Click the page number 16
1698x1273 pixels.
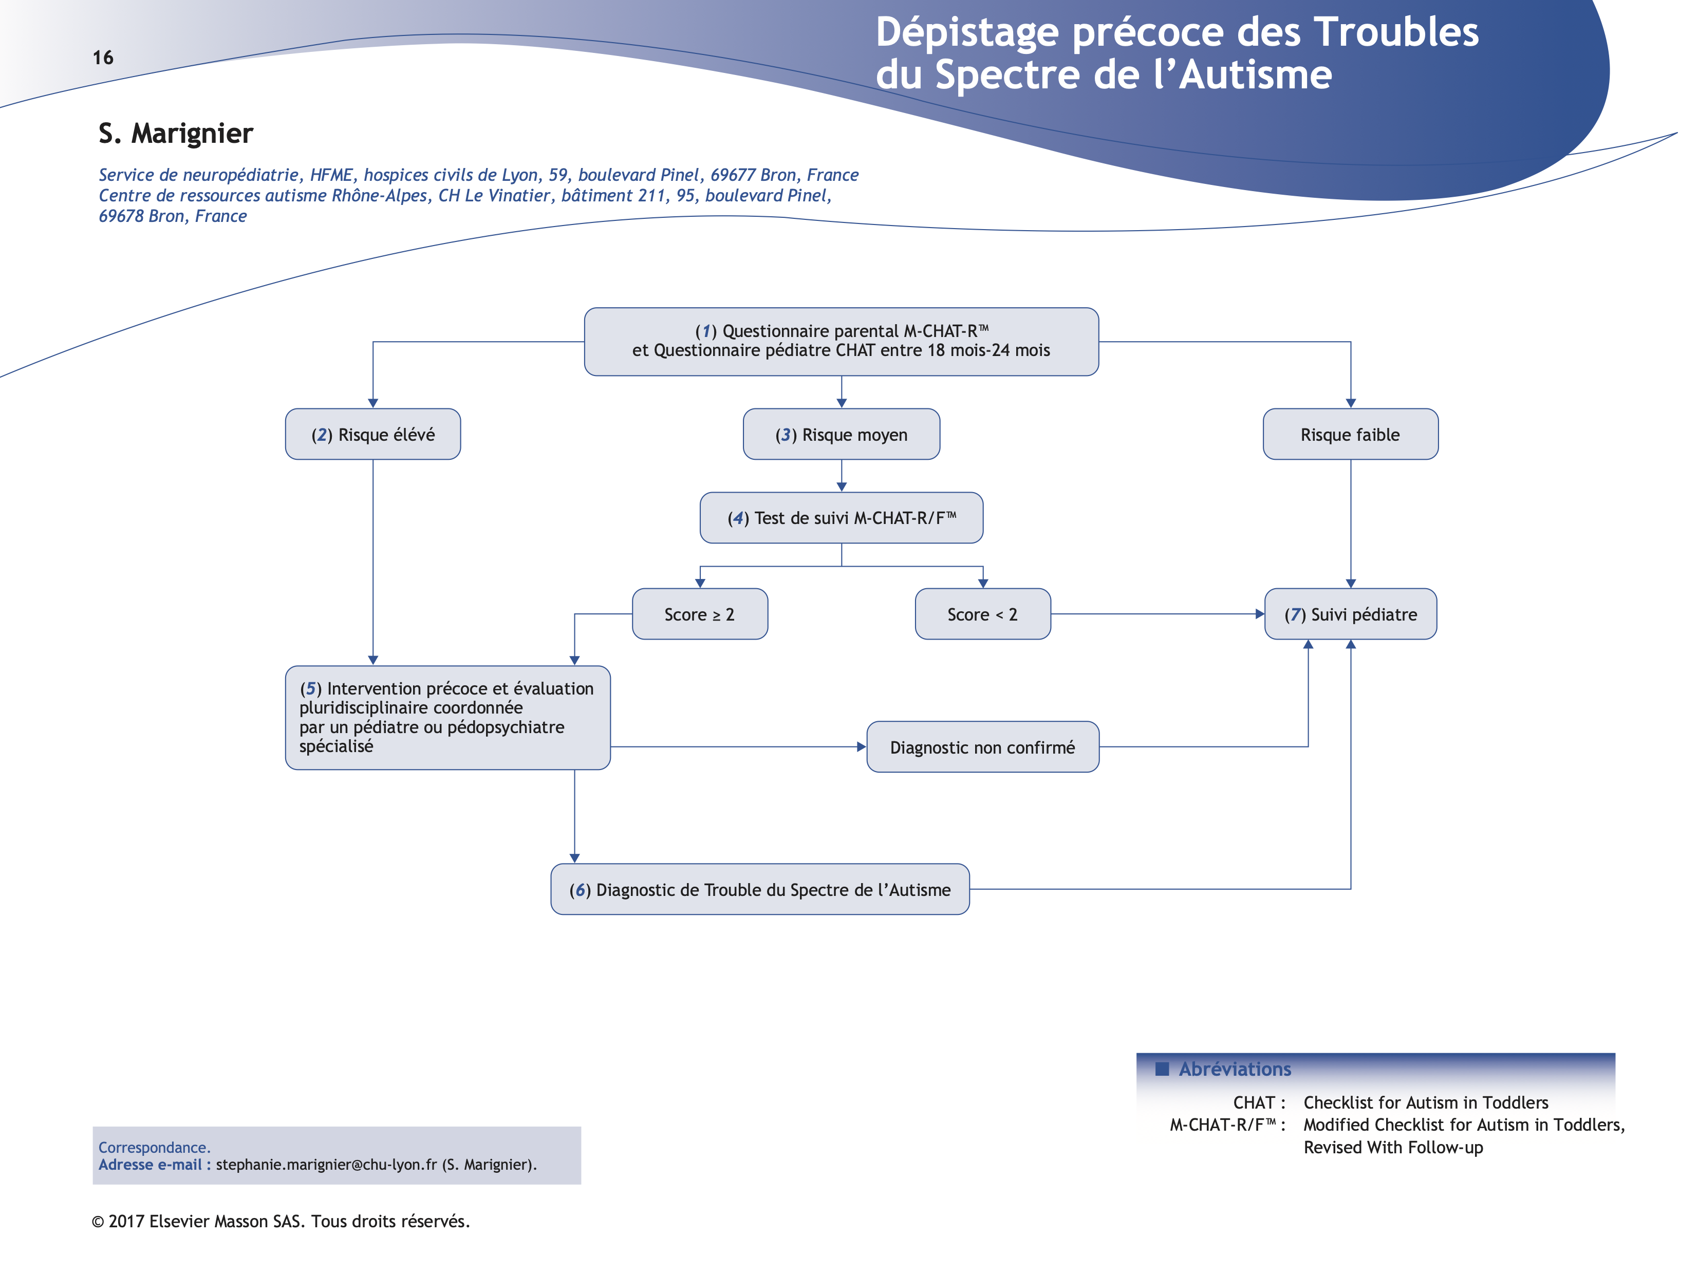pos(103,58)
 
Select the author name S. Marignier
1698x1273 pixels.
pos(176,134)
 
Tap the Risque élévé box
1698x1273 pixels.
pos(373,435)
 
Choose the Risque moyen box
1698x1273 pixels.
pos(842,435)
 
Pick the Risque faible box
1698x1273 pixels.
pos(1350,435)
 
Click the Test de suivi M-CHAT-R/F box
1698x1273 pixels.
pos(842,518)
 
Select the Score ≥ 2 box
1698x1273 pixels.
pos(699,614)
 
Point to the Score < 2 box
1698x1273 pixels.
pos(982,614)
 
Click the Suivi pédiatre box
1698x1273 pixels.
pos(1350,614)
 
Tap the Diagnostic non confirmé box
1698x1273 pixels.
pos(982,747)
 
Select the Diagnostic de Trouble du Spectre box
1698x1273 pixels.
pos(760,889)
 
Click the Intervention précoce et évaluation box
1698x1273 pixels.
pos(447,717)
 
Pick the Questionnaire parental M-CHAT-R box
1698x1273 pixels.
pos(842,341)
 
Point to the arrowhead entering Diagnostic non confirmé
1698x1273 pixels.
pos(861,747)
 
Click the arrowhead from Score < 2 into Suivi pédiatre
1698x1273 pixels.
pos(1260,614)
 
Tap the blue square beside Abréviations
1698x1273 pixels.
pos(1162,1069)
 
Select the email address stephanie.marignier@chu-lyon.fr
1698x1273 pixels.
pos(326,1165)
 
